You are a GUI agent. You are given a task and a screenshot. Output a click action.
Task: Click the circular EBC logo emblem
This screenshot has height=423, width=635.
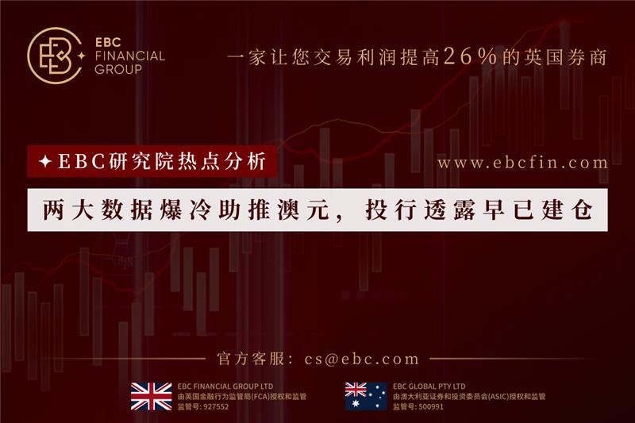tap(55, 56)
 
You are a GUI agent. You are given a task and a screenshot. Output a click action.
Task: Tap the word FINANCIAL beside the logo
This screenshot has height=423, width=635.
tap(129, 56)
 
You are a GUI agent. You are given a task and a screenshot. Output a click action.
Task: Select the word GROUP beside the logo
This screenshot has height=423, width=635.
tap(118, 69)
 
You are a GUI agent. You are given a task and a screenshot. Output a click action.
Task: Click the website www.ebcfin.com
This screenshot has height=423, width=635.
tap(522, 163)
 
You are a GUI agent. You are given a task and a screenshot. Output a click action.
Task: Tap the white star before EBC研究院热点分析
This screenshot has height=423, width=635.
tap(45, 162)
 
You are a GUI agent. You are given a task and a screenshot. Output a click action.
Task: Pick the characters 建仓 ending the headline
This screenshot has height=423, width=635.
tap(567, 210)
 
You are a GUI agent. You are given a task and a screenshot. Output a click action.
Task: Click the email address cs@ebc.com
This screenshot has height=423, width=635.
tap(362, 359)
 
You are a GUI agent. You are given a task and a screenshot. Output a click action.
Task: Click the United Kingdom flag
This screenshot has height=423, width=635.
tap(152, 396)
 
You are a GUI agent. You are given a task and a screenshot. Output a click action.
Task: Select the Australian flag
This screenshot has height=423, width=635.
tap(366, 396)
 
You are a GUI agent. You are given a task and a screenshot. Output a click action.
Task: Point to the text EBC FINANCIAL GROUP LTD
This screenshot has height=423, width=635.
tap(225, 386)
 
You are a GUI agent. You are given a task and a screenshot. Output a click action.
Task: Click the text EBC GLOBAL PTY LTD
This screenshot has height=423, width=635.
tap(429, 386)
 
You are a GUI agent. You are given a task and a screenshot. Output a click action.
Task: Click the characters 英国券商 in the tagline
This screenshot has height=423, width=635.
tap(566, 56)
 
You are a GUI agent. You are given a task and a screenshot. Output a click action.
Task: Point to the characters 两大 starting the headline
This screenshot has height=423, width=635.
tap(68, 210)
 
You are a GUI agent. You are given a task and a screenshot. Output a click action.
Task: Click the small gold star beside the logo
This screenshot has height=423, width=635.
tap(82, 56)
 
